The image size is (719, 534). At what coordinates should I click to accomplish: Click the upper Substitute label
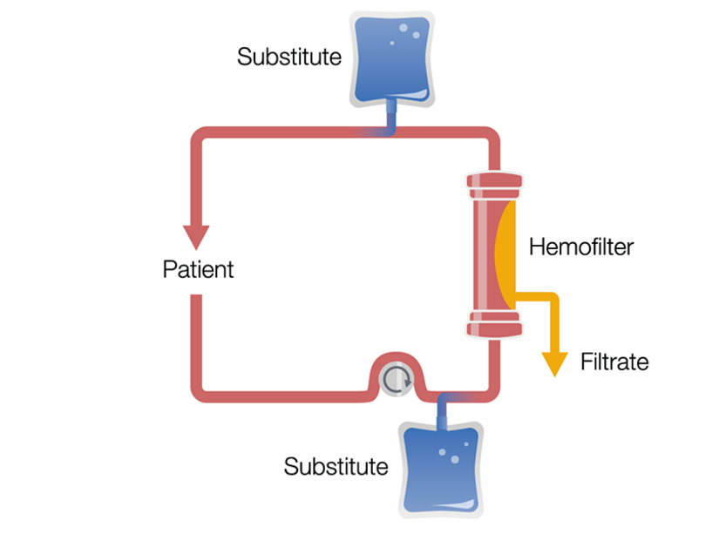point(288,57)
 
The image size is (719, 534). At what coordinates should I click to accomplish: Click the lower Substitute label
point(336,466)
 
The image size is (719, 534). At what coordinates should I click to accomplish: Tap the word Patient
point(198,268)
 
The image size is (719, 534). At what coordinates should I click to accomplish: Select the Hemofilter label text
point(580,247)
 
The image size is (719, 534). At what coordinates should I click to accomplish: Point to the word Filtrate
point(614,361)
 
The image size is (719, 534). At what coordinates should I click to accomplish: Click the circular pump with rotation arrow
point(397,379)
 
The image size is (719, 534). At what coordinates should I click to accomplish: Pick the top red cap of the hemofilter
point(495,186)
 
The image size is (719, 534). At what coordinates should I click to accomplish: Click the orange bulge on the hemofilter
point(505,248)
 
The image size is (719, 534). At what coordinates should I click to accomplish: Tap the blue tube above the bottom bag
point(441,406)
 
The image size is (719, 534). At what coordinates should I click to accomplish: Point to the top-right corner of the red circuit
point(492,137)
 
